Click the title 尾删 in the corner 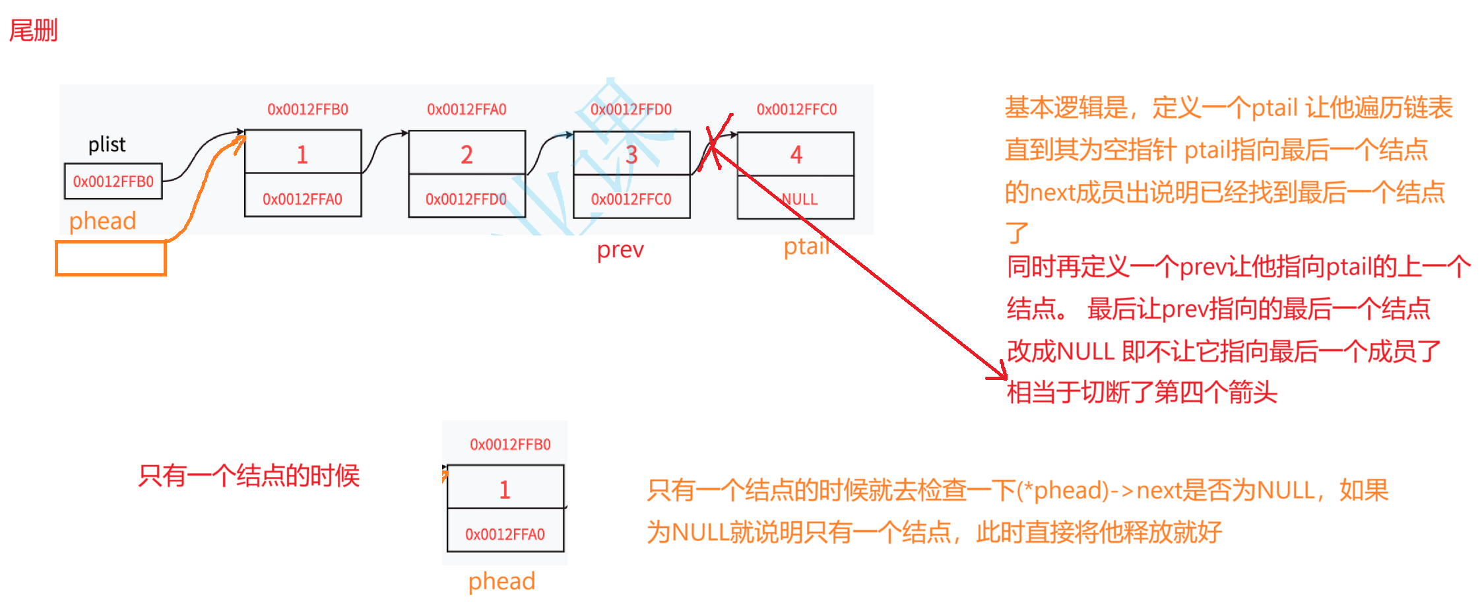(x=33, y=31)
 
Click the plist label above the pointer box (x=107, y=144)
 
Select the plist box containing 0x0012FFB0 (x=113, y=181)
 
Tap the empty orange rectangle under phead (x=110, y=258)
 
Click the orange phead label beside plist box (x=102, y=221)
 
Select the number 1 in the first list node (x=302, y=154)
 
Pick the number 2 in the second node (x=467, y=154)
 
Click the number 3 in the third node (x=631, y=155)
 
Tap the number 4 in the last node (x=796, y=155)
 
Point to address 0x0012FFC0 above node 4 (x=796, y=110)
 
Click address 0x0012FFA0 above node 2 (x=467, y=110)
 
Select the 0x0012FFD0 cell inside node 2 (x=466, y=199)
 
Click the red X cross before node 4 (x=715, y=143)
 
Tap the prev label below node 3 (x=620, y=251)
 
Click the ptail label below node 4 (x=806, y=247)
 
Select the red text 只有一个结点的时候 (x=249, y=476)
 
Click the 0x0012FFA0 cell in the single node (x=505, y=534)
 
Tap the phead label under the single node (x=501, y=582)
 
